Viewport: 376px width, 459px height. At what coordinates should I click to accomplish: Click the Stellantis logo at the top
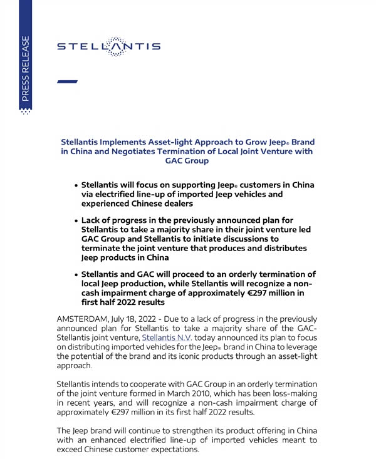click(x=108, y=46)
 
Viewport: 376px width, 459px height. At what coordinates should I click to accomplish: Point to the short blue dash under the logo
click(x=67, y=81)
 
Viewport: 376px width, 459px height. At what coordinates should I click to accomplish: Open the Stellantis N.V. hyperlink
click(x=167, y=338)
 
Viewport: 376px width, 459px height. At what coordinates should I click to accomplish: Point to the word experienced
click(x=110, y=204)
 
